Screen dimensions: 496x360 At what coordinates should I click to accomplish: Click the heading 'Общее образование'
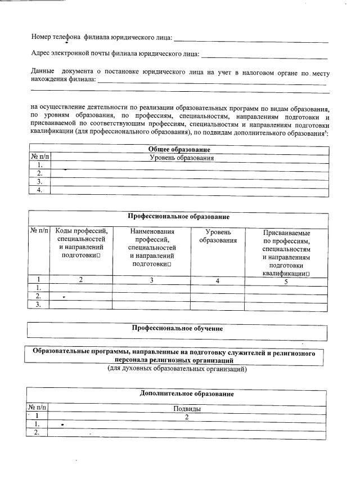click(x=179, y=150)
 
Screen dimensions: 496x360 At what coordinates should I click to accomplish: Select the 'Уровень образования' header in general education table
click(x=181, y=158)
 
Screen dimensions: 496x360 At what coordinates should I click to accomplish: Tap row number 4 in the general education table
click(x=40, y=190)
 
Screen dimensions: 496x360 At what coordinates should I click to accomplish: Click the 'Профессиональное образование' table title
click(x=178, y=217)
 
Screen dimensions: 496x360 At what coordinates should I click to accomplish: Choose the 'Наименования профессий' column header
click(x=152, y=248)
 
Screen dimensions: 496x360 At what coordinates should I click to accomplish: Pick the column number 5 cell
click(x=286, y=282)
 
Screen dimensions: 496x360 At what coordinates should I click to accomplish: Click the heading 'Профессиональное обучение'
click(x=177, y=328)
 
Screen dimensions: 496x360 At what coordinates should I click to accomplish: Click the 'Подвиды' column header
click(x=187, y=409)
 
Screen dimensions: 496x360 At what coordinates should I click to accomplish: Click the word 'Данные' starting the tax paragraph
click(x=43, y=73)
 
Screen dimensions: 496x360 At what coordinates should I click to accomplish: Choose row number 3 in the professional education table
click(x=39, y=305)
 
